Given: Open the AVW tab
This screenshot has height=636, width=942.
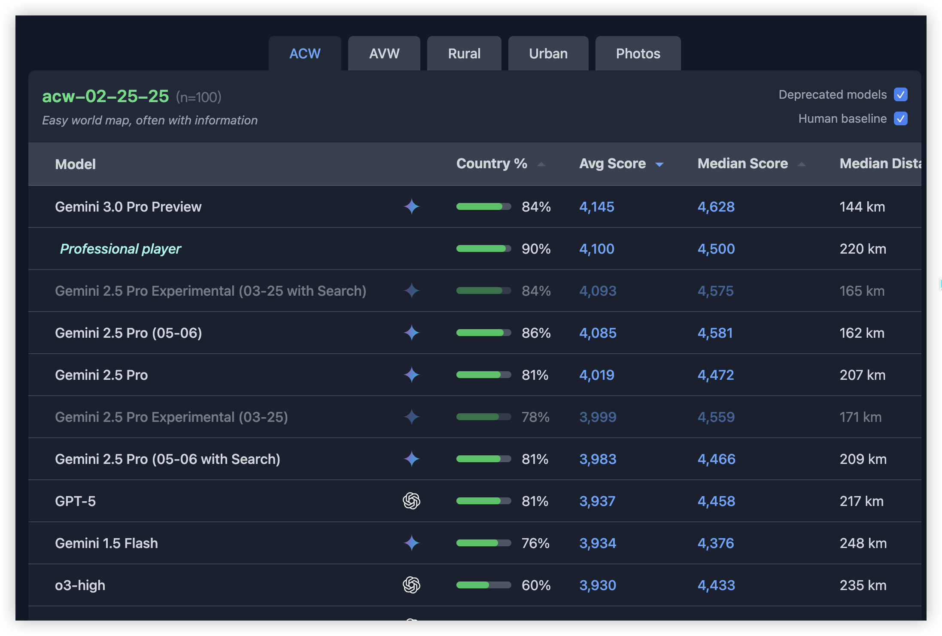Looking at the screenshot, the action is click(384, 54).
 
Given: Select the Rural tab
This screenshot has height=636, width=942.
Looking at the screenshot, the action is click(464, 54).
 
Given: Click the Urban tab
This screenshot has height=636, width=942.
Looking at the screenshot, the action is click(548, 54).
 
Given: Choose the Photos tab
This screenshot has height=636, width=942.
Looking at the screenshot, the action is click(638, 54).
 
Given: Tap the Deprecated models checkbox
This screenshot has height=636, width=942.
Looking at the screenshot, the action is click(901, 94).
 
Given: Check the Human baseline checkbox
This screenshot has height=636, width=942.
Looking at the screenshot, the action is click(901, 118).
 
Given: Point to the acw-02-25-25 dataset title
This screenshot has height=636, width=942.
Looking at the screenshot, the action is click(106, 96).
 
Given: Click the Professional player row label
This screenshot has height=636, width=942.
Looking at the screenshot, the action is click(121, 249).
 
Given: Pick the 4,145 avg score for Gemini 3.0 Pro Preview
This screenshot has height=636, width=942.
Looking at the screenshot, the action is click(597, 207).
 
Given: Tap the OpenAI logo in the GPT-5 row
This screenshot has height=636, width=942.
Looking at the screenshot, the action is click(411, 501).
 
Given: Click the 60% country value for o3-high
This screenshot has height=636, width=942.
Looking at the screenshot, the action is click(536, 585).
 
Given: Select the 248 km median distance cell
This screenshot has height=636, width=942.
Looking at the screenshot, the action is click(863, 543).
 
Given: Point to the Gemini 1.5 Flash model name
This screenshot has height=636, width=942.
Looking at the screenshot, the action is click(106, 543).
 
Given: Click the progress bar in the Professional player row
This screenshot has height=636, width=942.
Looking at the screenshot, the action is click(483, 249).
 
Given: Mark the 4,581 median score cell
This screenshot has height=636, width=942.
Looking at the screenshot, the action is click(715, 333).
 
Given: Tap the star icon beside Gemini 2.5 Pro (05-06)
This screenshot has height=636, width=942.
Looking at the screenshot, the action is click(411, 333).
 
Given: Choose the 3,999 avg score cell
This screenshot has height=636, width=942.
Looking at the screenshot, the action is click(598, 417).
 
